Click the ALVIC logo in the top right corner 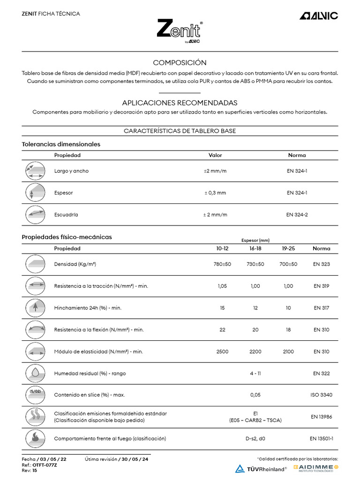(x=319, y=16)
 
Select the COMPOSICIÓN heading (x=180, y=63)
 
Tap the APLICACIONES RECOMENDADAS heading (x=180, y=103)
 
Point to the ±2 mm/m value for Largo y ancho (x=215, y=171)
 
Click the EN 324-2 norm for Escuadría (x=297, y=215)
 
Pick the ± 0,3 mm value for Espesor (x=215, y=193)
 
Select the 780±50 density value (x=222, y=264)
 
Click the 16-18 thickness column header (x=255, y=248)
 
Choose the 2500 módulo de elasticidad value (x=222, y=352)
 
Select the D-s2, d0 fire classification (x=255, y=439)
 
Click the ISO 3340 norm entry (x=321, y=395)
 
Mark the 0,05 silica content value (x=255, y=395)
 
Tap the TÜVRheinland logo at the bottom (x=261, y=468)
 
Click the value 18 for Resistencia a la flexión (x=288, y=330)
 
